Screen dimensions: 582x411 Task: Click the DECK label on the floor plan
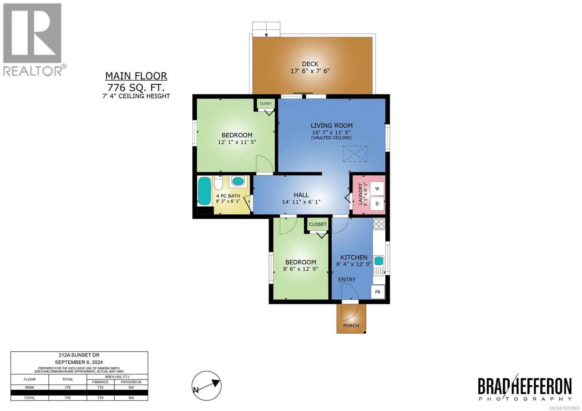[x=310, y=64]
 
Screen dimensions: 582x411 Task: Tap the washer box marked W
[x=377, y=189]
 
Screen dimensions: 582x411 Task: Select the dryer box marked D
[x=377, y=204]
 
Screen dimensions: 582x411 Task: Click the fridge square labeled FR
[x=378, y=292]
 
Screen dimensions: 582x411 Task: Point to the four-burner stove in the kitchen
[x=379, y=224]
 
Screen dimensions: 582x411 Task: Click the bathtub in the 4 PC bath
[x=204, y=191]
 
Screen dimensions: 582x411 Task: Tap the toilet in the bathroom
[x=219, y=183]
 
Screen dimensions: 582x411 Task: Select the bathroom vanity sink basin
[x=238, y=181]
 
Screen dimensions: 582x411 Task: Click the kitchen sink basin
[x=379, y=260]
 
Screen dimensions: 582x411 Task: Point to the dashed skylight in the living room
[x=355, y=154]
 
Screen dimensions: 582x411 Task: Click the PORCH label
[x=351, y=326]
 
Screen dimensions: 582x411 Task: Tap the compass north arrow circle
[x=207, y=386]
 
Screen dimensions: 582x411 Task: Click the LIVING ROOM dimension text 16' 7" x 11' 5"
[x=331, y=132]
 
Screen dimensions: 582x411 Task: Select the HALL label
[x=301, y=195]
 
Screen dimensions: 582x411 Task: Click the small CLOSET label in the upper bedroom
[x=266, y=103]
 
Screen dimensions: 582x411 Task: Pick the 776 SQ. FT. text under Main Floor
[x=136, y=87]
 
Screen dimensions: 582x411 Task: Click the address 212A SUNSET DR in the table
[x=79, y=355]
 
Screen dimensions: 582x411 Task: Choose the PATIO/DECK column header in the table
[x=131, y=382]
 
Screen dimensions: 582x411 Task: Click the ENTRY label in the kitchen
[x=347, y=280]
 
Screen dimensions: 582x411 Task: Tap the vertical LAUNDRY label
[x=360, y=194]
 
